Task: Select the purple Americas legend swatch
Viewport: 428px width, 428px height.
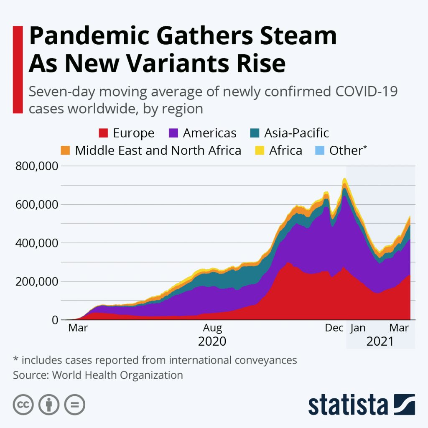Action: (x=174, y=133)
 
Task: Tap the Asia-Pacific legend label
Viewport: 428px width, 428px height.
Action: (x=296, y=133)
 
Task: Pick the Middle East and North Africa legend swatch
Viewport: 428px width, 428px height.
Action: (x=66, y=150)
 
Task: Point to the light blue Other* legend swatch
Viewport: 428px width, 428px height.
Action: (x=320, y=150)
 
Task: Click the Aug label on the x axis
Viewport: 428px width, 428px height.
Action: (x=212, y=328)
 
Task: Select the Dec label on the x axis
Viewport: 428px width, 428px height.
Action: (x=334, y=328)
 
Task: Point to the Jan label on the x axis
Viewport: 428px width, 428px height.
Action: (x=358, y=328)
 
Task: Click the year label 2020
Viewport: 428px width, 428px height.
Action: (x=212, y=341)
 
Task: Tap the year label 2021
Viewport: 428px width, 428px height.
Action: (x=380, y=341)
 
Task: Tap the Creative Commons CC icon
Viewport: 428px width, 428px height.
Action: (x=23, y=404)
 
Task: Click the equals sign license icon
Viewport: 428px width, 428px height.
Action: (x=75, y=404)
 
